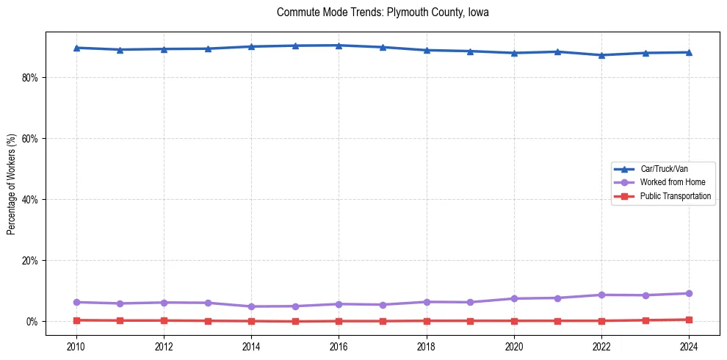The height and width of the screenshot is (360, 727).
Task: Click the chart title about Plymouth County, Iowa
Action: click(x=383, y=12)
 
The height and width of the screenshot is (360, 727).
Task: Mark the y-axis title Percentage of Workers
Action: click(x=12, y=184)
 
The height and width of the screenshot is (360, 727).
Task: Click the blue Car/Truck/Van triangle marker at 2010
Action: click(x=76, y=48)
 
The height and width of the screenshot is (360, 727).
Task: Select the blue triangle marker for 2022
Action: click(x=601, y=55)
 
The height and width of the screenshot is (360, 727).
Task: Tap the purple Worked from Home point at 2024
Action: click(x=689, y=294)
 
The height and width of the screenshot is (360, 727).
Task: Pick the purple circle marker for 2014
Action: click(x=251, y=306)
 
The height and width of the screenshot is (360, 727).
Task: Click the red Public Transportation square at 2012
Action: click(x=164, y=320)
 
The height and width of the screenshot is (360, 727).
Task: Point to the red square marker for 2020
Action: click(x=514, y=321)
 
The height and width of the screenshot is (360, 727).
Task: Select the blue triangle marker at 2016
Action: click(x=339, y=46)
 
